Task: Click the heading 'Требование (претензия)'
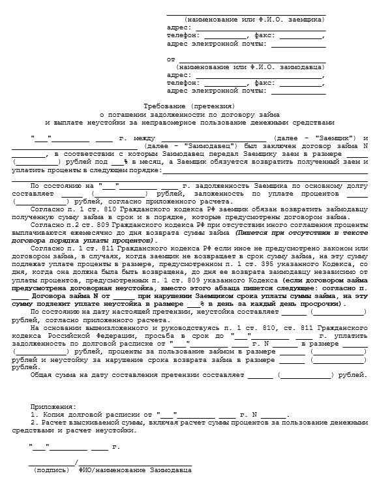tap(188, 106)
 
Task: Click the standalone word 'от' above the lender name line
tap(171, 59)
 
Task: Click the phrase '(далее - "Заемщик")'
tap(316, 138)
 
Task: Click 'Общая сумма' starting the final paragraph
tap(53, 376)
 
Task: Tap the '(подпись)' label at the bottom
tap(50, 470)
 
